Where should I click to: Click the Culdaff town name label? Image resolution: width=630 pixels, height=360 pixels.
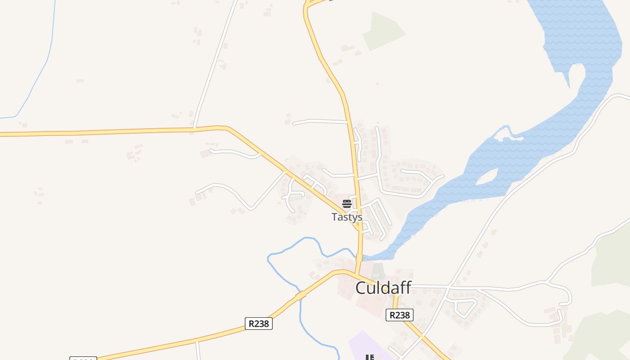coord(383,288)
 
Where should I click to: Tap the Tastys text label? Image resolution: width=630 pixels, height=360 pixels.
coord(347,217)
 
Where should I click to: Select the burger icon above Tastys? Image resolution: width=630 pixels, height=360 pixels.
coord(346,204)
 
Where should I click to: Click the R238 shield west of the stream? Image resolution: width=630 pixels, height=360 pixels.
coord(259,324)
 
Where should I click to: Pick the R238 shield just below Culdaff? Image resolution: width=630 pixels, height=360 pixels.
coord(400,315)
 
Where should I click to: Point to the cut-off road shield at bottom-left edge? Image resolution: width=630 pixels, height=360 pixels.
coord(83,358)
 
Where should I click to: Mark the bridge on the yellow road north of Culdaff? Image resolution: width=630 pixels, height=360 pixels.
coord(359,257)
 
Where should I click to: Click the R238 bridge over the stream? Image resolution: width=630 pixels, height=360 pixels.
coord(301,296)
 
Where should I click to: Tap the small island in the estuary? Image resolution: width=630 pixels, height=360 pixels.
coord(487,177)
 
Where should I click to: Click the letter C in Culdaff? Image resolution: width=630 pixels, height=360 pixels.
coord(360,288)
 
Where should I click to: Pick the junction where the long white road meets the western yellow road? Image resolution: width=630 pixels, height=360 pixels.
coord(194,129)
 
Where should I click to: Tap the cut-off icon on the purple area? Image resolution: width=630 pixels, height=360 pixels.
coord(369,357)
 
